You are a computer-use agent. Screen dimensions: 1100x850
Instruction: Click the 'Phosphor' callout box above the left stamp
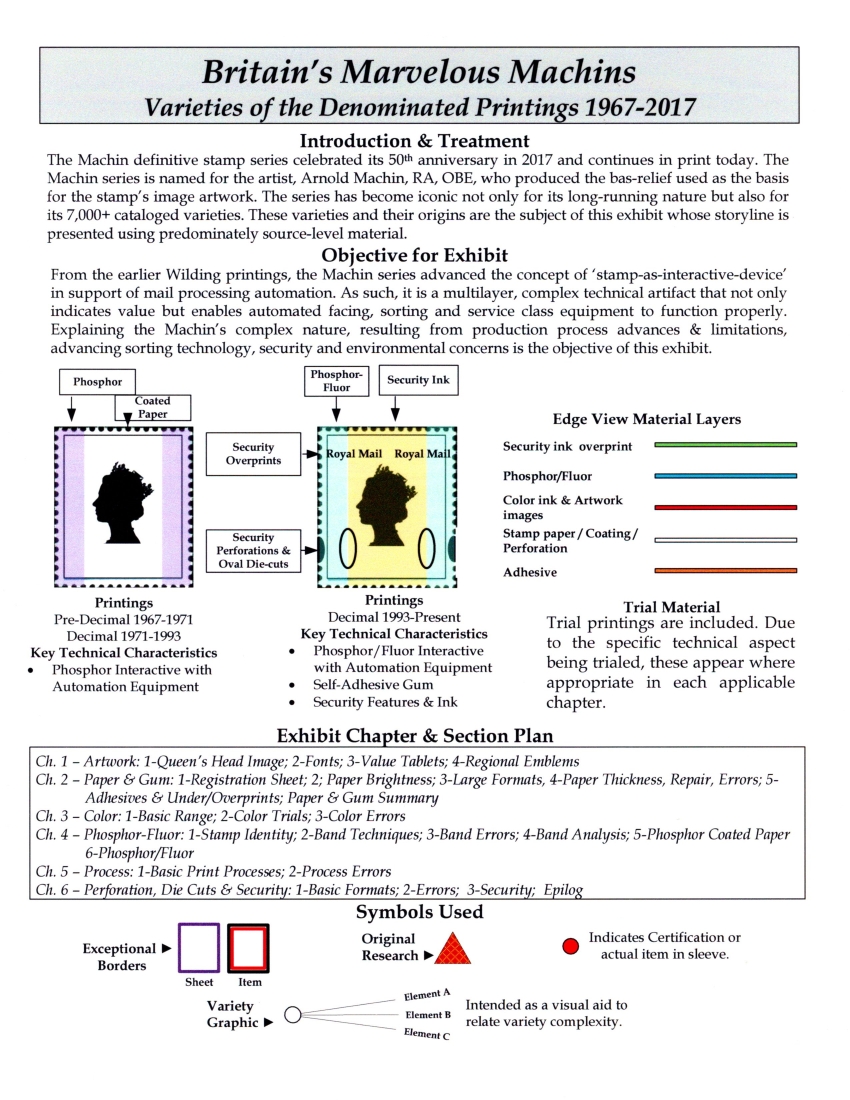click(x=98, y=381)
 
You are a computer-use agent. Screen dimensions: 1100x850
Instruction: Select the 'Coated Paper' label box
click(x=152, y=407)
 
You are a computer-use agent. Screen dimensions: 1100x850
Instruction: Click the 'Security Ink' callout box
click(x=419, y=381)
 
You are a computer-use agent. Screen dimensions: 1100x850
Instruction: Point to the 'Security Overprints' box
click(x=253, y=454)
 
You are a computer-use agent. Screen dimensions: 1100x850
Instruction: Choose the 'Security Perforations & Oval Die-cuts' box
click(x=253, y=550)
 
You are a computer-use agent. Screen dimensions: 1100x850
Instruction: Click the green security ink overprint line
click(x=725, y=444)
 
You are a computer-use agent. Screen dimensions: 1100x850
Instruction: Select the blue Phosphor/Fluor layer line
click(x=725, y=476)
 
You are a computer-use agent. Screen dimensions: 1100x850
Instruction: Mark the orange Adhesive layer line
click(x=725, y=571)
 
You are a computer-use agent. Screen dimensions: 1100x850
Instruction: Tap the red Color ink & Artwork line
click(x=725, y=507)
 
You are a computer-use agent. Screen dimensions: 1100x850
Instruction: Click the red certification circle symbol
click(x=571, y=946)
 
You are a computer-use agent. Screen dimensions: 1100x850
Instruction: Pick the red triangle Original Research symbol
click(x=452, y=947)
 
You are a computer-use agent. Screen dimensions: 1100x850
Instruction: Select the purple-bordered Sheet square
click(x=199, y=947)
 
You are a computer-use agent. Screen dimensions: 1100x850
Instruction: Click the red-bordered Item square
click(x=249, y=947)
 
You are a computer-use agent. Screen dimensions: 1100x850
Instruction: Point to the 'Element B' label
click(x=428, y=1015)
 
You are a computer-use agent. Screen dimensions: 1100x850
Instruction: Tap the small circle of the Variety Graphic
click(x=293, y=1015)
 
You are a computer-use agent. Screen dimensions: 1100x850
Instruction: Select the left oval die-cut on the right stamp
click(x=348, y=548)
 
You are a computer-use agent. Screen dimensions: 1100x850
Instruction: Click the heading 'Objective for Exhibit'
click(x=414, y=255)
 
